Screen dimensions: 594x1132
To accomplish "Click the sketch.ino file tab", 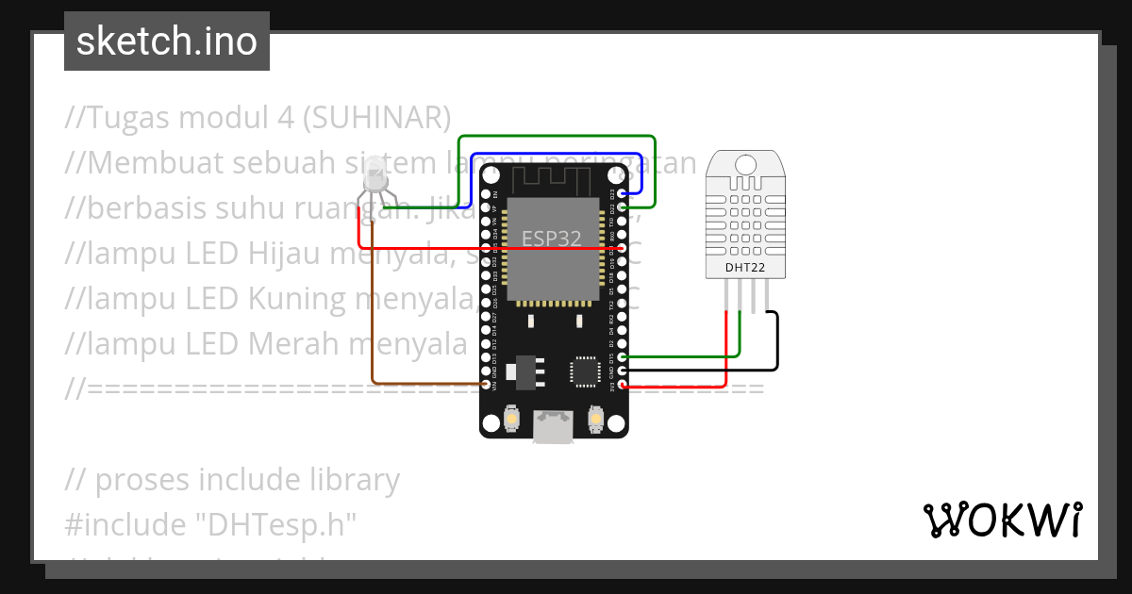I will tap(167, 41).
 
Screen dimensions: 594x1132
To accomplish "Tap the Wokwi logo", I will tap(1002, 520).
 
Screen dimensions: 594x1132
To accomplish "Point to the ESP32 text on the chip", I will tap(551, 239).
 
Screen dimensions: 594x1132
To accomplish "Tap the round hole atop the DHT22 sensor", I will tap(744, 165).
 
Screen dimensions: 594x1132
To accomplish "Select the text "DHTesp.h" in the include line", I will tap(280, 524).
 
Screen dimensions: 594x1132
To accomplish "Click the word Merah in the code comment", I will tap(293, 343).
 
